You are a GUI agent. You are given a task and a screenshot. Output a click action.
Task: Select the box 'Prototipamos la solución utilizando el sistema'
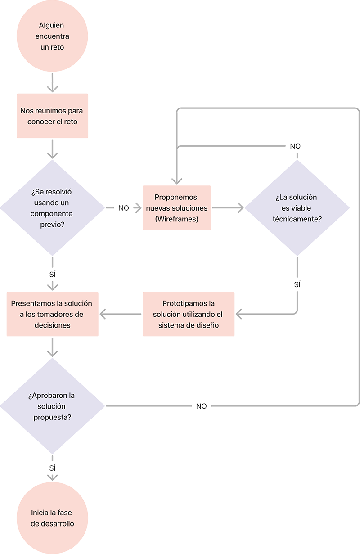188,314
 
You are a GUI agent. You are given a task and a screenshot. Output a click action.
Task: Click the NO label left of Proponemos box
124,208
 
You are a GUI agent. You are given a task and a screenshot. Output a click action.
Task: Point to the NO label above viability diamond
295,147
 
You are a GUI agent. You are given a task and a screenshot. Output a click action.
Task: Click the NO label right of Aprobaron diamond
202,406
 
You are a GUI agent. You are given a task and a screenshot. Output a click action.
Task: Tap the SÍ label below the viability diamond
297,285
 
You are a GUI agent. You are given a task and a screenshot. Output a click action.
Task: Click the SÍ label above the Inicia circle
52,468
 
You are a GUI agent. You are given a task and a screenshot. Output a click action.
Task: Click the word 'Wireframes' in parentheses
176,219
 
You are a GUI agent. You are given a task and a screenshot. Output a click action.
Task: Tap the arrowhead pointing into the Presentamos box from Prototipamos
104,314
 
